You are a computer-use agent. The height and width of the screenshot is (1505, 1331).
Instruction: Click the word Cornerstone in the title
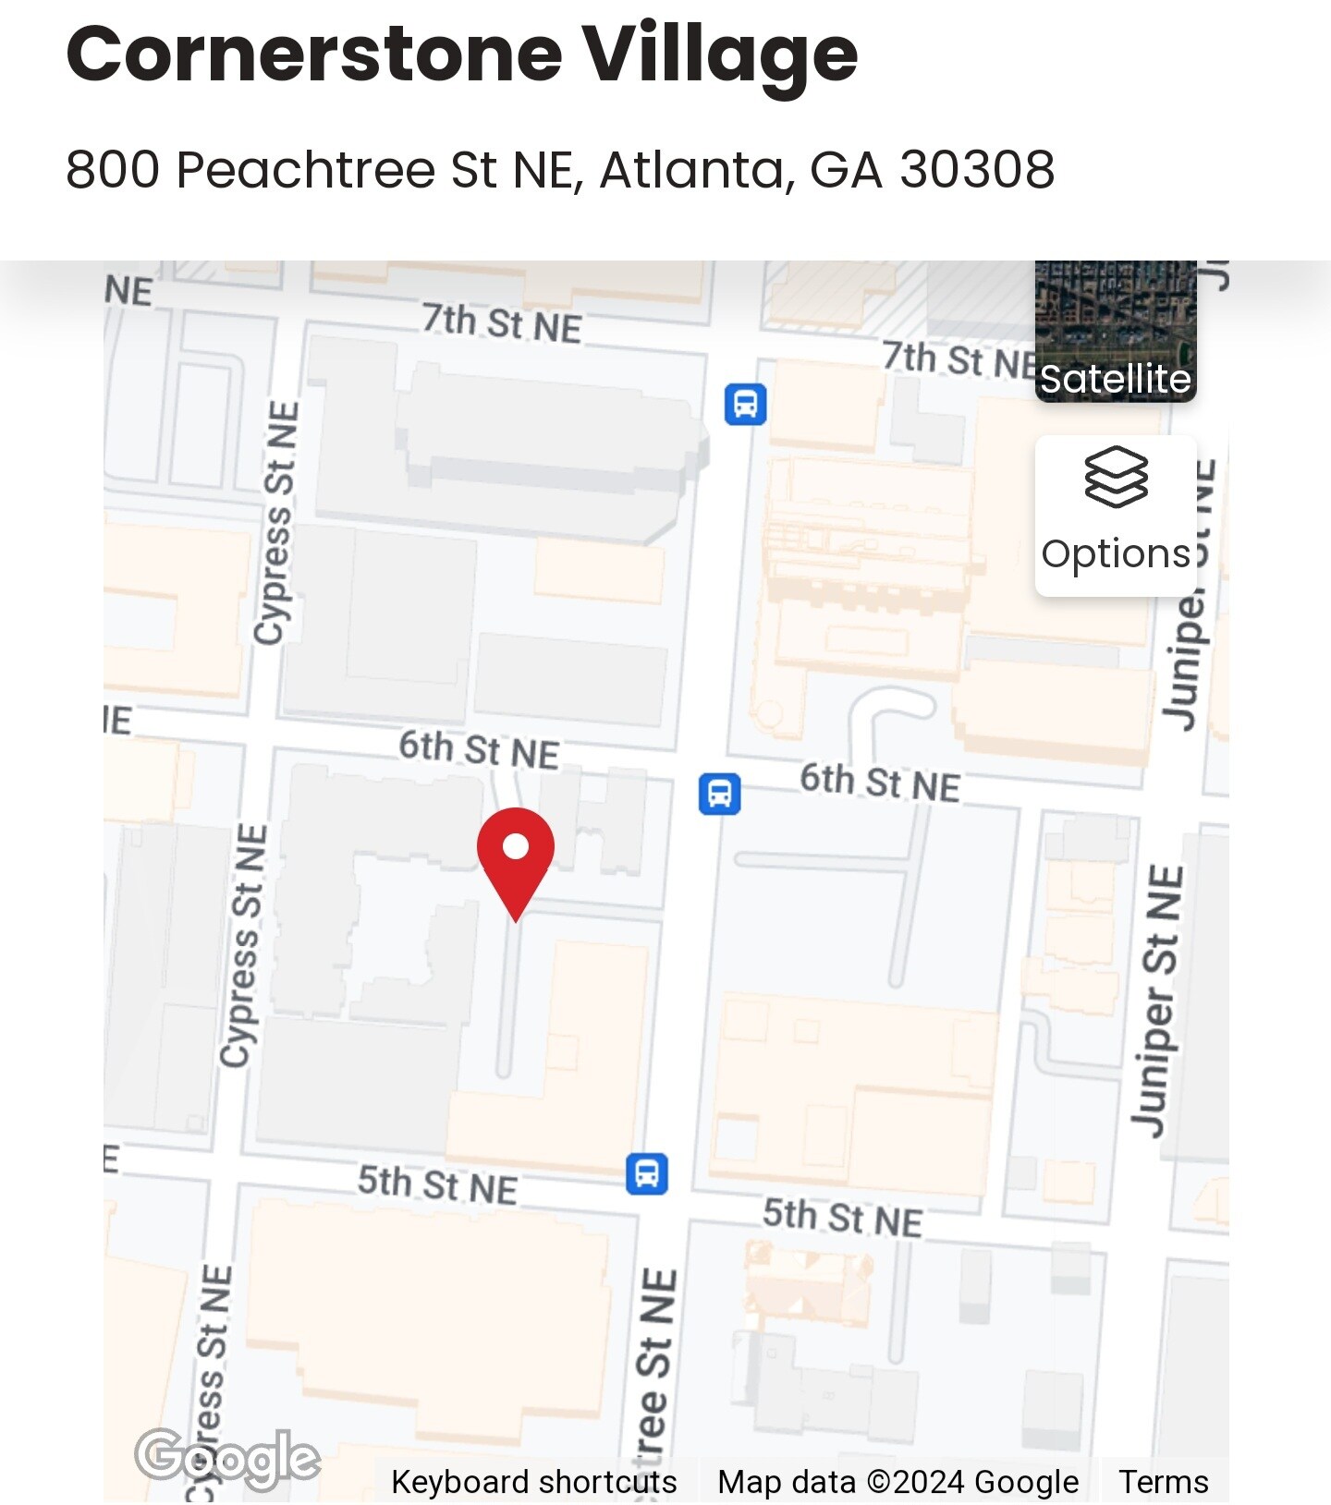tap(314, 54)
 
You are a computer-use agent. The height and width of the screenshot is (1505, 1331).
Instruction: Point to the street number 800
tap(113, 170)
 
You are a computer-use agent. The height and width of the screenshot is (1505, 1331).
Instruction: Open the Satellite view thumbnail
tap(1116, 333)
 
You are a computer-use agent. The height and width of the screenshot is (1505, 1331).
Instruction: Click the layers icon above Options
tap(1116, 477)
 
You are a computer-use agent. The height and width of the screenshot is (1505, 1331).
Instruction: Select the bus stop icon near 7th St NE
tap(745, 404)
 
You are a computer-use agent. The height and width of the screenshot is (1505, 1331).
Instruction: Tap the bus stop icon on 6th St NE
tap(719, 794)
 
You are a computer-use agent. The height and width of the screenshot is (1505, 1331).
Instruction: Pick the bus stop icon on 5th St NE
tap(647, 1173)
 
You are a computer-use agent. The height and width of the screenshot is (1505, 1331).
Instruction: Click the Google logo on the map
tap(227, 1459)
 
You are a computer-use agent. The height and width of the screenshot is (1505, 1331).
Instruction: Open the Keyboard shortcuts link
tap(533, 1482)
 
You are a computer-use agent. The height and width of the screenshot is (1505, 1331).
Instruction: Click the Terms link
tap(1163, 1482)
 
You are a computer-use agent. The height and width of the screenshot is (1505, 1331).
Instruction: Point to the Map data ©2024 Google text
tap(898, 1482)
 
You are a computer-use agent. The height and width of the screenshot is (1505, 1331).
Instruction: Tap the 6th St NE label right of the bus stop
tap(879, 783)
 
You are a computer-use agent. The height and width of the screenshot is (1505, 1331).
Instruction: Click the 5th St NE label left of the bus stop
tap(437, 1184)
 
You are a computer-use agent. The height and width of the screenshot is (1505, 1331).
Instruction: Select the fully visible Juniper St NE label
tap(1157, 1001)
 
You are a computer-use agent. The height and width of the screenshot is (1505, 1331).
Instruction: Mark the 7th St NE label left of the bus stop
tap(502, 323)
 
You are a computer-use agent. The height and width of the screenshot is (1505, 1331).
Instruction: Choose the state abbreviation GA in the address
tap(845, 170)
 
